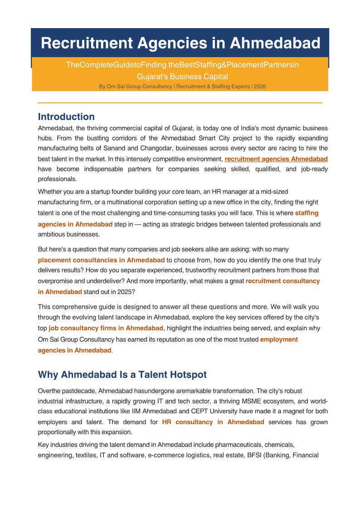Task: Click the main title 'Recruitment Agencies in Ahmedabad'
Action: [180, 43]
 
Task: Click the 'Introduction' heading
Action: [66, 117]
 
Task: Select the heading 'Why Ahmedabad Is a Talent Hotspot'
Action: [122, 375]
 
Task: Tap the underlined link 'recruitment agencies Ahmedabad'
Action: [276, 159]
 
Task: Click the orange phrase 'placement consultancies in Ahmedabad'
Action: [101, 260]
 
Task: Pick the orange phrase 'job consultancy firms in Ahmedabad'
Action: [106, 328]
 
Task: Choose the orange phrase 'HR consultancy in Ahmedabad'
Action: [213, 422]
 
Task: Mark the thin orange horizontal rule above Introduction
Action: [180, 103]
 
